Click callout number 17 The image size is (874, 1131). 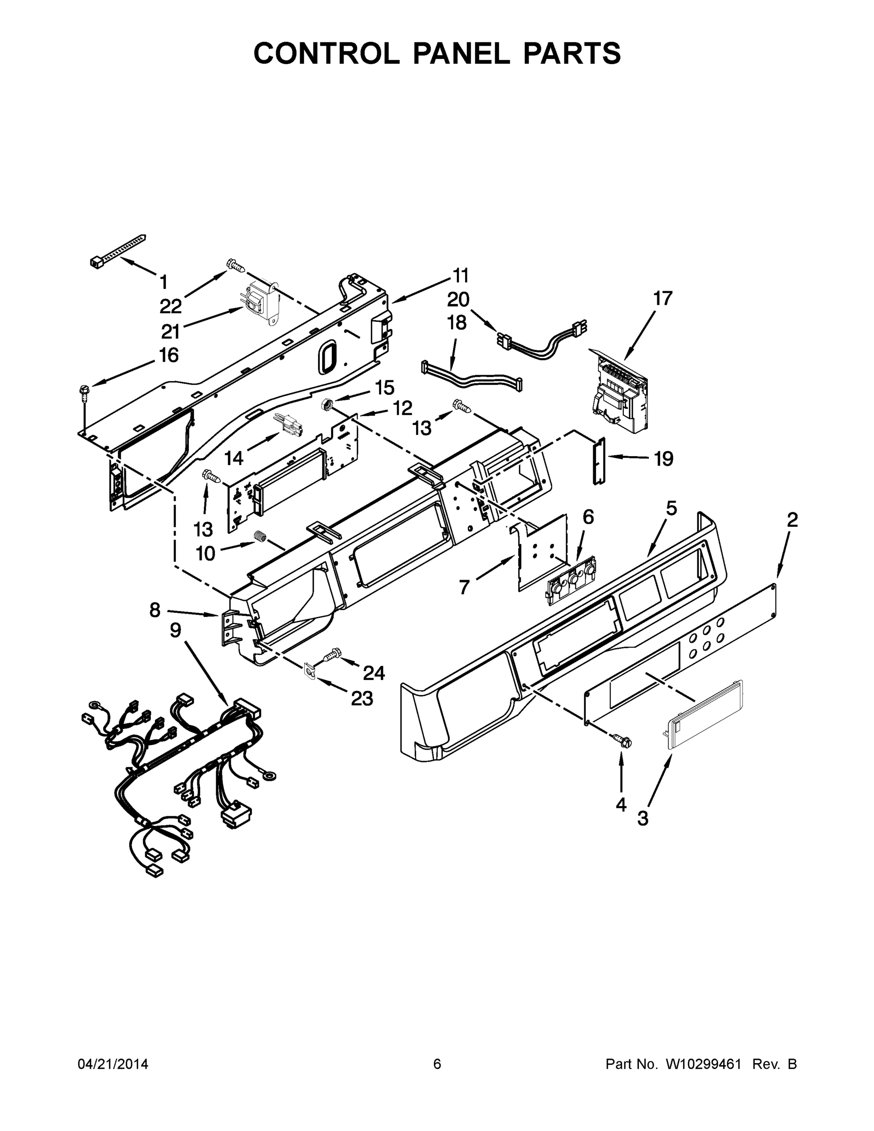coord(662,299)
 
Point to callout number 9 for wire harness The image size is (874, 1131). coord(176,631)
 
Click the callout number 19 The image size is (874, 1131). coord(663,459)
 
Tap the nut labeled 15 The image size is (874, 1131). coord(327,403)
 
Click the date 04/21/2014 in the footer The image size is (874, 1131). coord(113,1064)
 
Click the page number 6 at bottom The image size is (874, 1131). coord(437,1064)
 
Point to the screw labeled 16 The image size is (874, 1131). coord(83,392)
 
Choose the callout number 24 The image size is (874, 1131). coord(373,672)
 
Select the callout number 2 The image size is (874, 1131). coord(792,520)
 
